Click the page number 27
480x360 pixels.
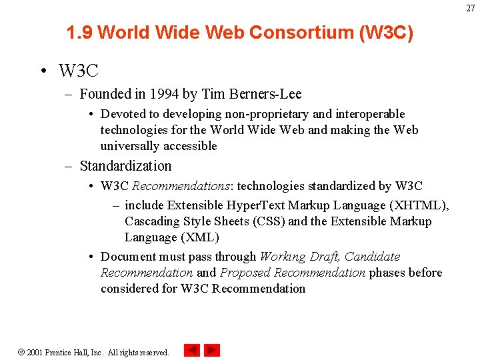(x=471, y=8)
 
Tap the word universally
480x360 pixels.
(x=127, y=146)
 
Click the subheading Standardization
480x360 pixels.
(x=125, y=166)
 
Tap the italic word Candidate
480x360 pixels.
(x=372, y=257)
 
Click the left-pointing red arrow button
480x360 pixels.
(x=192, y=350)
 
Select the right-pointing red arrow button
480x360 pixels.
(x=212, y=350)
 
